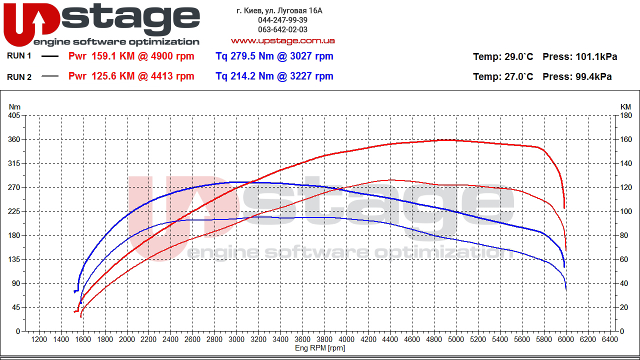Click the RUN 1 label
pyautogui.click(x=19, y=56)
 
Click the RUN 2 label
pyautogui.click(x=19, y=76)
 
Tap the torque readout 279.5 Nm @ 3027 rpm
pyautogui.click(x=274, y=56)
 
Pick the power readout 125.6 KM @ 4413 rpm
pyautogui.click(x=131, y=76)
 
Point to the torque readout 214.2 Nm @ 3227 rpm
pyautogui.click(x=274, y=76)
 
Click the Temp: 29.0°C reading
pyautogui.click(x=503, y=56)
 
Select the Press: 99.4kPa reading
pyautogui.click(x=577, y=76)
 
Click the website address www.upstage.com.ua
pyautogui.click(x=282, y=40)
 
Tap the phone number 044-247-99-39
pyautogui.click(x=282, y=20)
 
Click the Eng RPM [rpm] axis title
pyautogui.click(x=320, y=348)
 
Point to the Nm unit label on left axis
pyautogui.click(x=14, y=106)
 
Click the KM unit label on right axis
pyautogui.click(x=625, y=106)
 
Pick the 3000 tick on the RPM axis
pyautogui.click(x=236, y=339)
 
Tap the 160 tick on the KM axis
pyautogui.click(x=625, y=139)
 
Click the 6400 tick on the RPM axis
pyautogui.click(x=609, y=339)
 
